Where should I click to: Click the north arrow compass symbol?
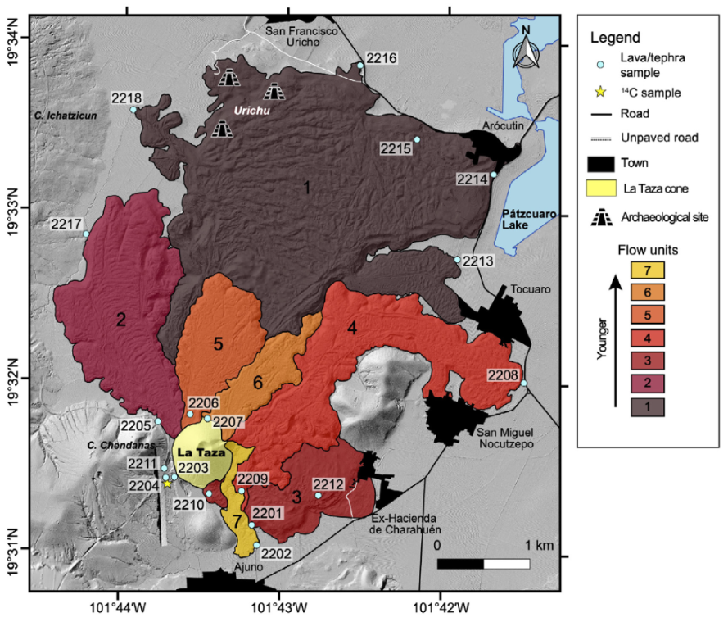pyautogui.click(x=527, y=48)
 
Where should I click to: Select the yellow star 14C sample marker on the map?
pyautogui.click(x=167, y=484)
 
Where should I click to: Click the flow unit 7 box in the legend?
pyautogui.click(x=647, y=269)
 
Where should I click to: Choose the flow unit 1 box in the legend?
pyautogui.click(x=647, y=406)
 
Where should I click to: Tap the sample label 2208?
pyautogui.click(x=503, y=375)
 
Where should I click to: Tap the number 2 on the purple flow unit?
pyautogui.click(x=121, y=320)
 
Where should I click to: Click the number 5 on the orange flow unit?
pyautogui.click(x=218, y=344)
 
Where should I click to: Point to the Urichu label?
pyautogui.click(x=251, y=110)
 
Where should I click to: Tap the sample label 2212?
pyautogui.click(x=328, y=484)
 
